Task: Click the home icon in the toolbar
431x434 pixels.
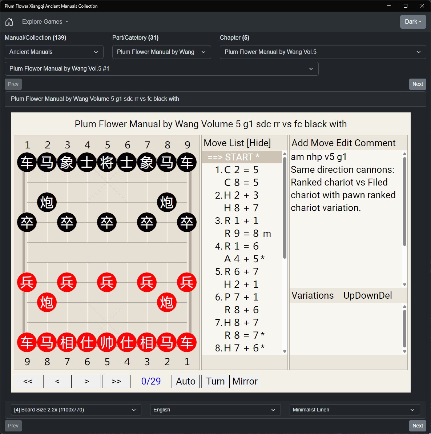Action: point(9,21)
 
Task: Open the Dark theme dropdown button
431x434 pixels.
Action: point(413,21)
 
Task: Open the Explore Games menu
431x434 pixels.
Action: point(45,21)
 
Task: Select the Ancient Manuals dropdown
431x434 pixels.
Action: point(54,52)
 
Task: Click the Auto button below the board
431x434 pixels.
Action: point(185,381)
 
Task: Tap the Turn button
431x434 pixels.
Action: point(215,381)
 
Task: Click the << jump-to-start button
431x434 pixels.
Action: point(28,381)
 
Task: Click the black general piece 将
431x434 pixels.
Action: point(107,162)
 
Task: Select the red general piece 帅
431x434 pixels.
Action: point(107,342)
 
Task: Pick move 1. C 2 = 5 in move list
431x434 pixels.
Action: point(237,170)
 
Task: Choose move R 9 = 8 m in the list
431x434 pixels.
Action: point(248,233)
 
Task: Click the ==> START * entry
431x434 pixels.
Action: point(233,157)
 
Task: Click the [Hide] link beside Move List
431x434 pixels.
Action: point(258,143)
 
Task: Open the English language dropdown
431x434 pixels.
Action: point(215,410)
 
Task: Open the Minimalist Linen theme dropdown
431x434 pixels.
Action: point(355,410)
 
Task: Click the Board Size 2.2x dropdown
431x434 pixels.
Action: point(76,410)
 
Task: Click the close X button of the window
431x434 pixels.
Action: point(422,6)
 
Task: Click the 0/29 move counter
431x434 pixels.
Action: point(151,381)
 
